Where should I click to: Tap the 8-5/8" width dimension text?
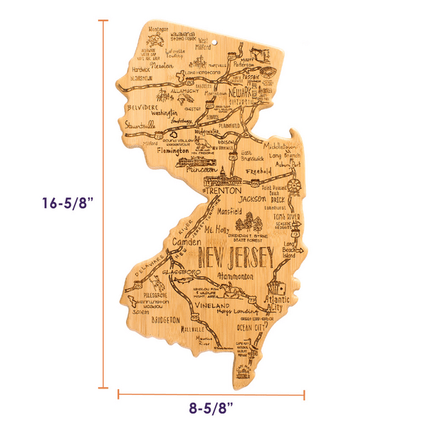pyautogui.click(x=211, y=407)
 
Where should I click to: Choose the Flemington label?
pyautogui.click(x=173, y=151)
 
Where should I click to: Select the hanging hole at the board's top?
pyautogui.click(x=215, y=44)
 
